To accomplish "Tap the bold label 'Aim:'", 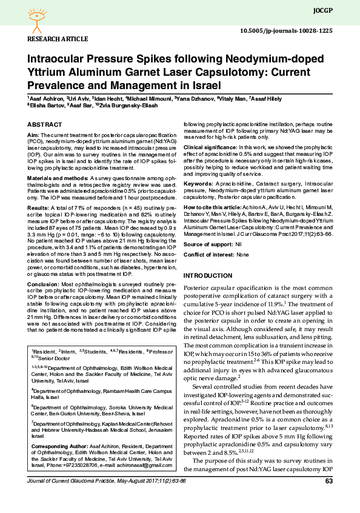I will [x=33, y=134].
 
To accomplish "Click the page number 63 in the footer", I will [x=329, y=498].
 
